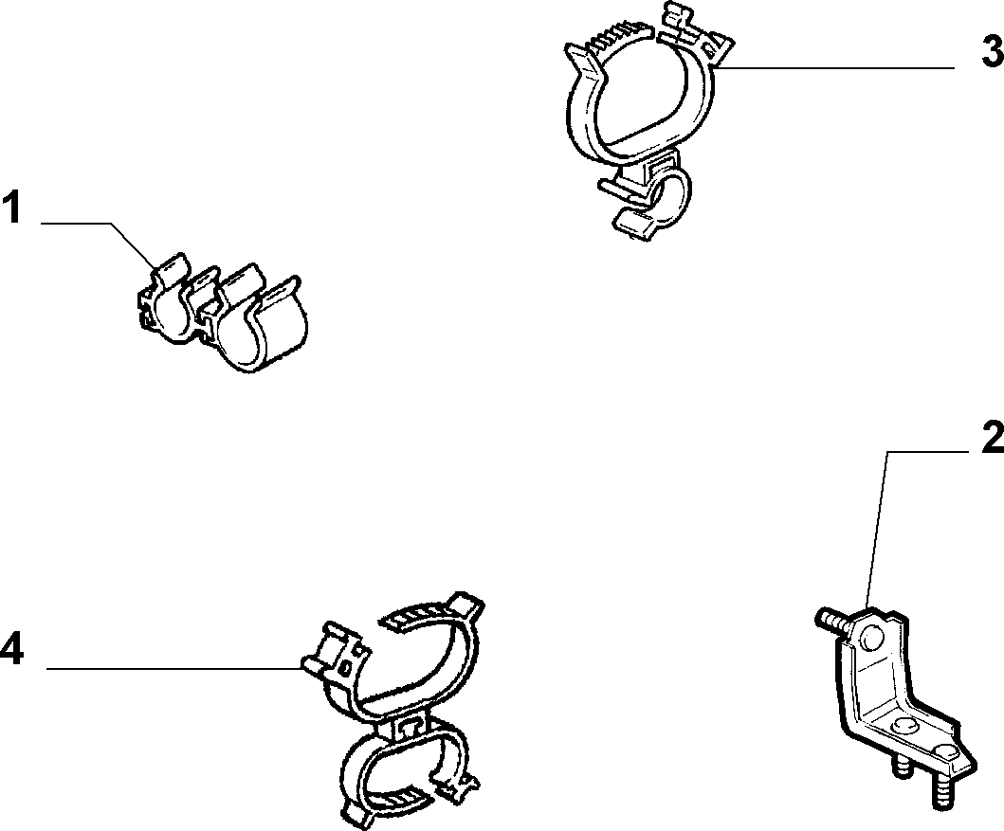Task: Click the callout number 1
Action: click(10, 208)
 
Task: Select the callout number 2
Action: click(994, 439)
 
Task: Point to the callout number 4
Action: click(12, 649)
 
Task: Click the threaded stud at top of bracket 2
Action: click(833, 621)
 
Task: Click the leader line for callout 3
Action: click(836, 67)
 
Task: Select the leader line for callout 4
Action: click(174, 669)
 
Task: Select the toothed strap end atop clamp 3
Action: click(618, 42)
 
